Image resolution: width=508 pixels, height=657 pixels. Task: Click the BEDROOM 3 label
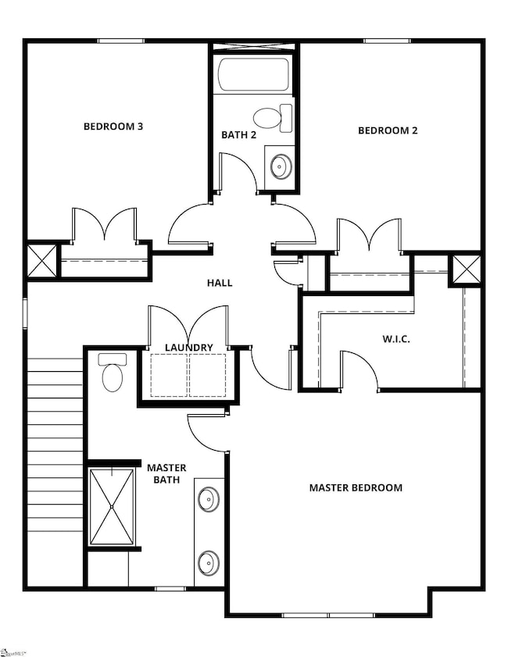(113, 126)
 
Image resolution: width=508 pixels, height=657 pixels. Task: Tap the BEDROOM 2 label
(388, 130)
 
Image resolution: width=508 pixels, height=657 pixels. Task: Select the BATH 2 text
(239, 135)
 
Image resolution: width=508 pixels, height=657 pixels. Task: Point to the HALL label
(220, 283)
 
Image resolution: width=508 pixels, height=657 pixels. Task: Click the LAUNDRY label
(188, 348)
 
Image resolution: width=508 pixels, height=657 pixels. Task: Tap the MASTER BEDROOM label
(356, 487)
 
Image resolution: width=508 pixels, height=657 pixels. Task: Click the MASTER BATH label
(166, 473)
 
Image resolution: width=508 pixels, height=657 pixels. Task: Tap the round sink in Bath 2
(280, 166)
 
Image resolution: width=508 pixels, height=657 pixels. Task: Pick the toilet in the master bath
(113, 373)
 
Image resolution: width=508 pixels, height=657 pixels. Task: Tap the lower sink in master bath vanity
(208, 562)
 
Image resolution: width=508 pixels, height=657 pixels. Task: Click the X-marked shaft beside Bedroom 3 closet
(41, 260)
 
